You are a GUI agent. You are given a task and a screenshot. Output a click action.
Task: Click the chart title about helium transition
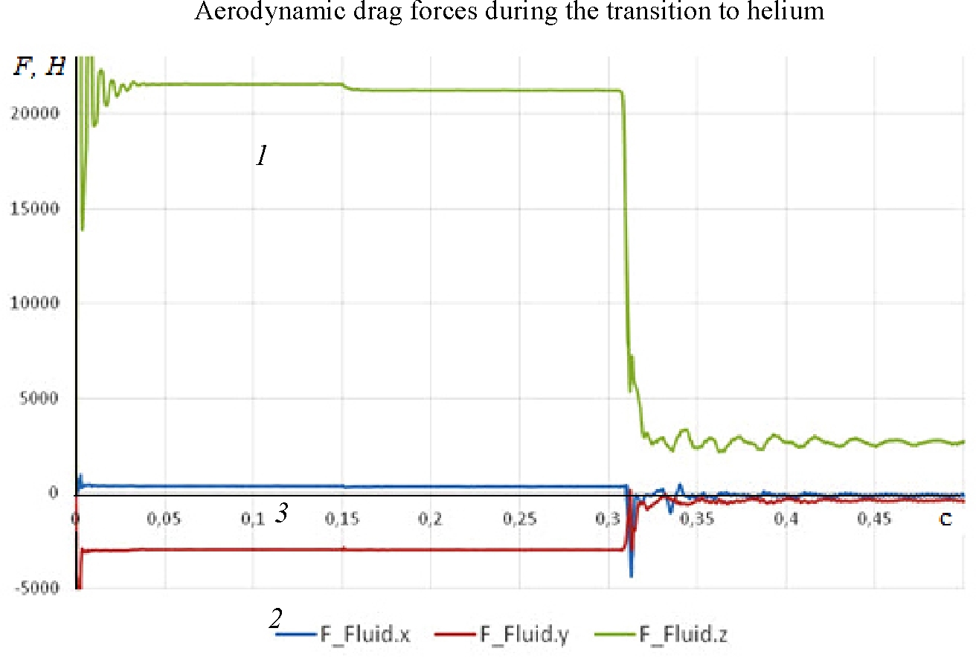[x=509, y=13]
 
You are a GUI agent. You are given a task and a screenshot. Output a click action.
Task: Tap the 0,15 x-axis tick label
[x=341, y=519]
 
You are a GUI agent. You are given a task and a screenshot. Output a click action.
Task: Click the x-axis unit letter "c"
[x=945, y=520]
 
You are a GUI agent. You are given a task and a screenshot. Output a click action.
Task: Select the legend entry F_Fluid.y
[x=524, y=635]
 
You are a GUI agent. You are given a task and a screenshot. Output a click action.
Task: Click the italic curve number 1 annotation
[x=261, y=156]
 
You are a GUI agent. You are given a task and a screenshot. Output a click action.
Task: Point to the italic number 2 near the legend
[x=275, y=618]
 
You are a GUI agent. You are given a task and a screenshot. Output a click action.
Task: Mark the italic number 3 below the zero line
[x=281, y=513]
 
